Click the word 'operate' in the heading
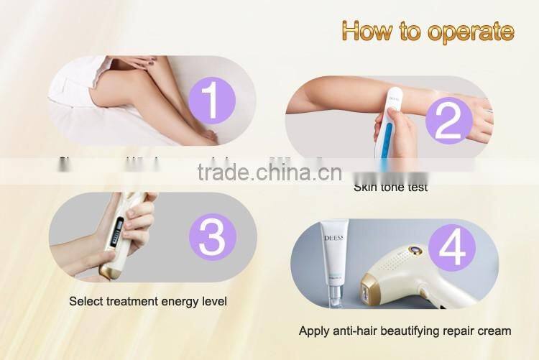[471, 32]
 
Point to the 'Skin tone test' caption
[390, 188]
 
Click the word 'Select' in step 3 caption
[86, 301]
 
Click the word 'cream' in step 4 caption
[493, 331]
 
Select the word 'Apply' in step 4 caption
[314, 331]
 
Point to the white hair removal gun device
[402, 284]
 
